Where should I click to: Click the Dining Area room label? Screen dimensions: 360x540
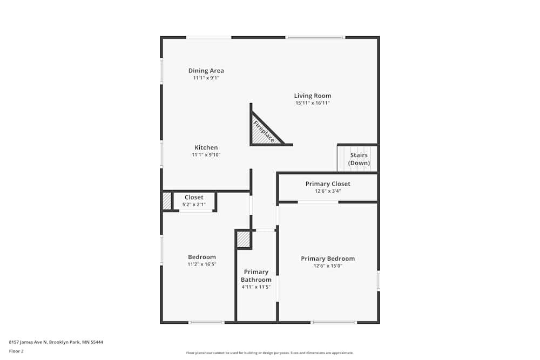206,71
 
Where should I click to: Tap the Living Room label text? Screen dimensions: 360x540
313,96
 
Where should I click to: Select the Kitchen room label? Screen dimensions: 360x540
206,148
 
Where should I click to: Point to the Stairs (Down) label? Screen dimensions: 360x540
359,159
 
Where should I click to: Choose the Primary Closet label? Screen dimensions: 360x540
328,184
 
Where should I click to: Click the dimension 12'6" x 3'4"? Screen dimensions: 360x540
328,191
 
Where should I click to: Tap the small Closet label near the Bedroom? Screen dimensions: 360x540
194,198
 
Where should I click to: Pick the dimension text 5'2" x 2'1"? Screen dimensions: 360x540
194,205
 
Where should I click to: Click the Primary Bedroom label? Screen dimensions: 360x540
328,259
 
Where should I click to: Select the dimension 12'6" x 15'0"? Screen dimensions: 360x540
328,266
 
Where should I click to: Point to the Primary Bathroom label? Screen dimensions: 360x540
256,276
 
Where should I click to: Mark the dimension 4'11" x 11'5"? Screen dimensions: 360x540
256,287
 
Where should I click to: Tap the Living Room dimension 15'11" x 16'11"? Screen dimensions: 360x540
313,103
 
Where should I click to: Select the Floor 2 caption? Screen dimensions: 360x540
16,351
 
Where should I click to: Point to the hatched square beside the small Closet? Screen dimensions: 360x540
167,201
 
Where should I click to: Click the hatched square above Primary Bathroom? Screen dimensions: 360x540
244,239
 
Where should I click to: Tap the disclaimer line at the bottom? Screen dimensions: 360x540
269,353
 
